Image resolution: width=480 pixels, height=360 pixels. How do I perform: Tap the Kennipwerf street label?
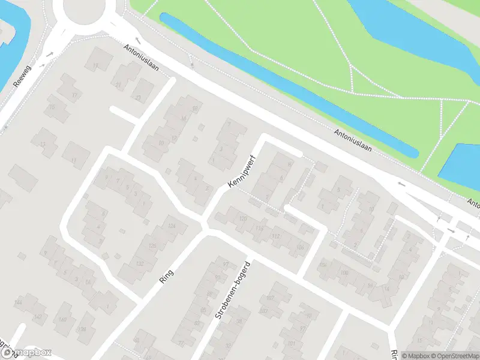242,173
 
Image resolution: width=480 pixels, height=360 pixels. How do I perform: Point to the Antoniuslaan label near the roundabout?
141,57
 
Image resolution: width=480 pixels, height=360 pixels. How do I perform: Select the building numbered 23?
138,98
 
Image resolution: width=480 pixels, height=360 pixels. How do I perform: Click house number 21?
118,85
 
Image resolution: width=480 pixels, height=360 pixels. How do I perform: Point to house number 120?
243,218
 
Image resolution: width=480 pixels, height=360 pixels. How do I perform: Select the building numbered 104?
323,264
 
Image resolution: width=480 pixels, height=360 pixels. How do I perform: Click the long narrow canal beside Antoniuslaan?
288,84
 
